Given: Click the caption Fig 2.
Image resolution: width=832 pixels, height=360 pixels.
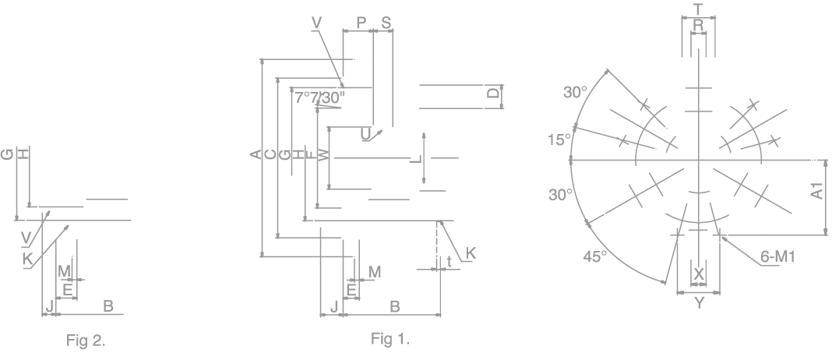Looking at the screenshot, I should (x=86, y=340).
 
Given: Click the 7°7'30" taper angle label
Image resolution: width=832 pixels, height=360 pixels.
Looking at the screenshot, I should (x=319, y=97).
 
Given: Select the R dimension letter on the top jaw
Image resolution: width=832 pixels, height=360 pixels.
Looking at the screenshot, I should (x=698, y=26).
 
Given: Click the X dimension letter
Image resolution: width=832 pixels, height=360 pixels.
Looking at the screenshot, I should (x=699, y=274).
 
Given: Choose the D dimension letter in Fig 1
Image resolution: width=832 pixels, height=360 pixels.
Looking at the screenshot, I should (x=492, y=94).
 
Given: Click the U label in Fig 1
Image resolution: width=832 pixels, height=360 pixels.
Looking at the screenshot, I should (x=366, y=134).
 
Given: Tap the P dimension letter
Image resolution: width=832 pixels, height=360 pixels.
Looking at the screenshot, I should (x=361, y=23).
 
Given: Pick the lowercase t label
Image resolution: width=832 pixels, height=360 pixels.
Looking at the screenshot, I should (x=449, y=262).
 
